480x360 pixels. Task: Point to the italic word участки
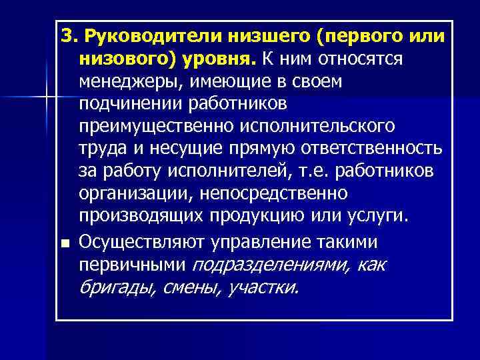pos(263,288)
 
